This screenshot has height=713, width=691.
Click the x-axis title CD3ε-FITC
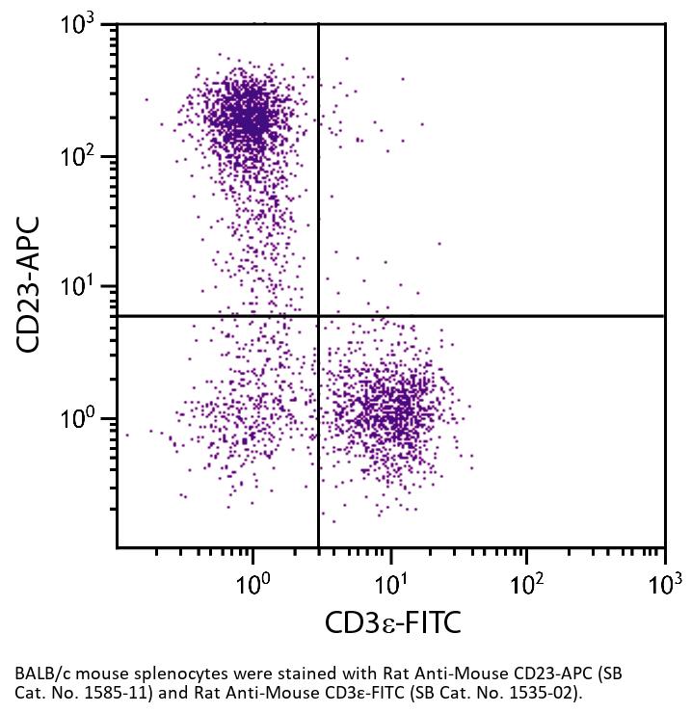coord(392,622)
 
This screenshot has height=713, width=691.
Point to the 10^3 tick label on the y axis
coord(82,25)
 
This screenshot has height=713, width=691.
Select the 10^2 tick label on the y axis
coord(82,156)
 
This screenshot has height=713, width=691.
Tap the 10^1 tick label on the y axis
coord(82,287)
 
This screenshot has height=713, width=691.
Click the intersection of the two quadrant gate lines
coord(318,316)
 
